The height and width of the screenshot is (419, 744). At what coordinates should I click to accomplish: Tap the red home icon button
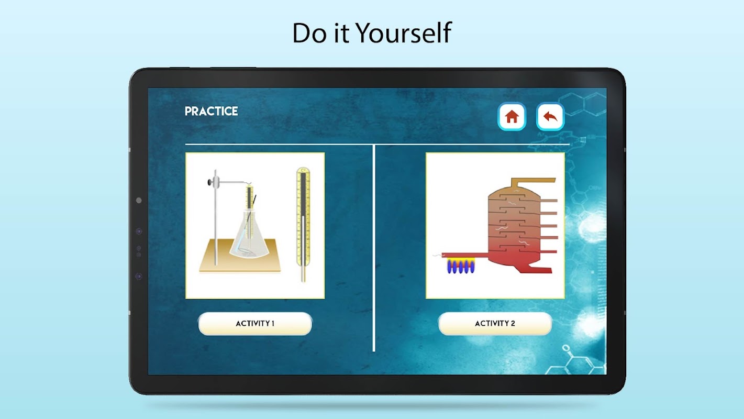(x=512, y=116)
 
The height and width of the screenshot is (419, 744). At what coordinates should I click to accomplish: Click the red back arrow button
(x=550, y=116)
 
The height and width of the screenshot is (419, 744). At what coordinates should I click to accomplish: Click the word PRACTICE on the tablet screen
(x=211, y=112)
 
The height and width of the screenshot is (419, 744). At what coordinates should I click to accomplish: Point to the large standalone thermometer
(x=303, y=224)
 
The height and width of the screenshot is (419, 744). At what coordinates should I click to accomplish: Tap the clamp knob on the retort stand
(x=210, y=182)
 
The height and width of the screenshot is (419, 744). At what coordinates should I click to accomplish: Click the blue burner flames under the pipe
(x=461, y=267)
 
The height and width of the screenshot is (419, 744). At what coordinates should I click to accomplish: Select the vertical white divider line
(x=374, y=248)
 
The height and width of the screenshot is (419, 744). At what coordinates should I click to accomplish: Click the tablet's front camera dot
(x=139, y=201)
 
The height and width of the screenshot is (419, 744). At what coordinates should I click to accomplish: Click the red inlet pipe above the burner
(x=465, y=255)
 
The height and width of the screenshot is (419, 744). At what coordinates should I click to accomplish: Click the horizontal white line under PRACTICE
(x=377, y=145)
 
